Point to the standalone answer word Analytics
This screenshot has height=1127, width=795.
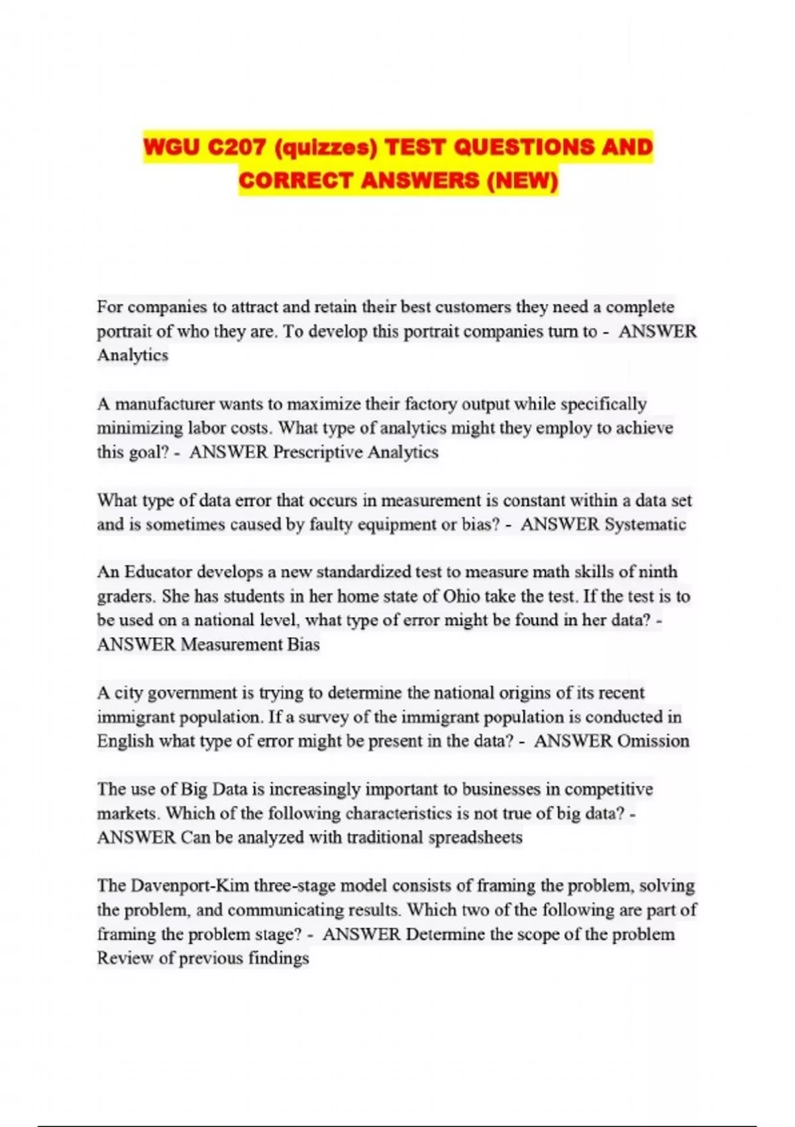pos(132,355)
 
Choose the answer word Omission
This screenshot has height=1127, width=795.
pos(653,741)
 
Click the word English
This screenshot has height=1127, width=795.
pos(125,741)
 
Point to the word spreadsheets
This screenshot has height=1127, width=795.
pos(475,838)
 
